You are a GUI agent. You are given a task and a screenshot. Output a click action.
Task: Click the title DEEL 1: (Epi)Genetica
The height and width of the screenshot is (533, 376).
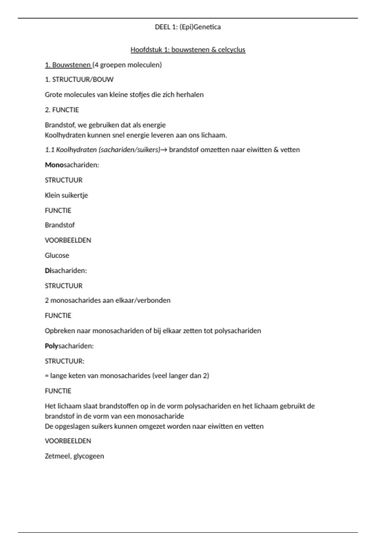[188, 27]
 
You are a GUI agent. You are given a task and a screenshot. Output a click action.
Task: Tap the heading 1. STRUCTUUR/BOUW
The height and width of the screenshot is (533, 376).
[79, 80]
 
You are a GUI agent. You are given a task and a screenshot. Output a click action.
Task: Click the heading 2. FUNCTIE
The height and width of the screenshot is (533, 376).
[62, 110]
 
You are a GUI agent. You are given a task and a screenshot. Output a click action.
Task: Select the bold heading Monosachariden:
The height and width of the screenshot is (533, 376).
[72, 165]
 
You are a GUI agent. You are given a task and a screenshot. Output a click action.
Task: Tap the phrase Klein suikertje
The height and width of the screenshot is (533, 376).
[66, 195]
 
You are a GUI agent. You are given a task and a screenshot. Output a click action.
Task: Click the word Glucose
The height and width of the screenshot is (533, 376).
[57, 256]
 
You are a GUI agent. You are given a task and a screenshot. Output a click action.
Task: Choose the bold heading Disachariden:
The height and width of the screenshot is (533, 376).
[66, 271]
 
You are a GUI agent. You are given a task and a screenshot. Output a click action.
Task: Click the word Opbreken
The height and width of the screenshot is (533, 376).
[60, 331]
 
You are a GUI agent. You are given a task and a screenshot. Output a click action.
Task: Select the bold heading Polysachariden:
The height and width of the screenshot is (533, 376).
[69, 346]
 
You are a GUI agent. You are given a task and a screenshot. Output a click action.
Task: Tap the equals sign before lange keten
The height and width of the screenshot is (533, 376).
[47, 376]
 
